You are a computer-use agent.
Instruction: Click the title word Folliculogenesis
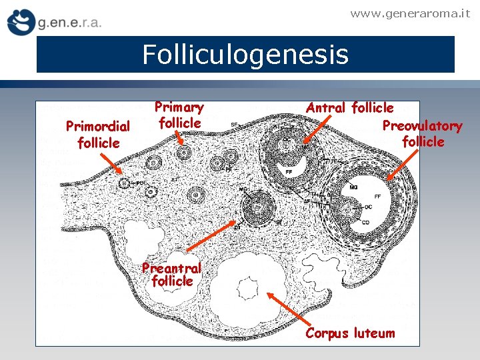pos(245,55)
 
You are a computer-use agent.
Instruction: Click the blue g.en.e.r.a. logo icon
pos(20,22)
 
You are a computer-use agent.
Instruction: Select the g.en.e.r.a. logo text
pos(69,23)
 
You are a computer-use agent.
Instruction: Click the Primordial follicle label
pos(98,134)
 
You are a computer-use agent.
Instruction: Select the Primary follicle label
pos(179,115)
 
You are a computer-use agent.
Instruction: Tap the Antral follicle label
pos(350,107)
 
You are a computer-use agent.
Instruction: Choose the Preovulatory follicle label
pos(423,133)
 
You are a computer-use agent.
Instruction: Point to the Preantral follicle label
pos(172,275)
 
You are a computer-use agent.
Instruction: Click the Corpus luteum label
pos(350,333)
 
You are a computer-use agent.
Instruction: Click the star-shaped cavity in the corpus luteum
pos(248,289)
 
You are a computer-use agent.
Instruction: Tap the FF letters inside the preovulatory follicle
pos(378,197)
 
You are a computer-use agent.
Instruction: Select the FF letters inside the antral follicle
pos(289,172)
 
